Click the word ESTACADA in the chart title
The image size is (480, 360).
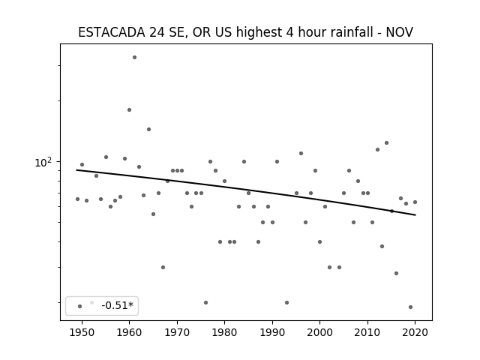[112, 32]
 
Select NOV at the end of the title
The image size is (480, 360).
[400, 32]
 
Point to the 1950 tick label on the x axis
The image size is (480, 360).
[82, 332]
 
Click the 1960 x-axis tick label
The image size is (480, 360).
[129, 332]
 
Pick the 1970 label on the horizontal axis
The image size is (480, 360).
[177, 332]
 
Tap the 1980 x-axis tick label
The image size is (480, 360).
[224, 332]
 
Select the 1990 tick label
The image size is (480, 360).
[272, 332]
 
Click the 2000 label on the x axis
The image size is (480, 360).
[320, 332]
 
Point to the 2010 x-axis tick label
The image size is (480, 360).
[367, 332]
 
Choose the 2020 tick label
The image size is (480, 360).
[415, 332]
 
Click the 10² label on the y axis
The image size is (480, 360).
[43, 162]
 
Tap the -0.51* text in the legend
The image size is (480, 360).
[118, 305]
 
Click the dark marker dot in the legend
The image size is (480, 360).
[80, 306]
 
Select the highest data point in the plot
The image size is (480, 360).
[134, 57]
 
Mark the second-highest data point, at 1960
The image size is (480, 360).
[129, 109]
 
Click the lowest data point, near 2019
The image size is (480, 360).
[410, 307]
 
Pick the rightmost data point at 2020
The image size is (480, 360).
[415, 202]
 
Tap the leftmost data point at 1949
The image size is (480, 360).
[77, 199]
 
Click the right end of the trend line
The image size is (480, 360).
[415, 215]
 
